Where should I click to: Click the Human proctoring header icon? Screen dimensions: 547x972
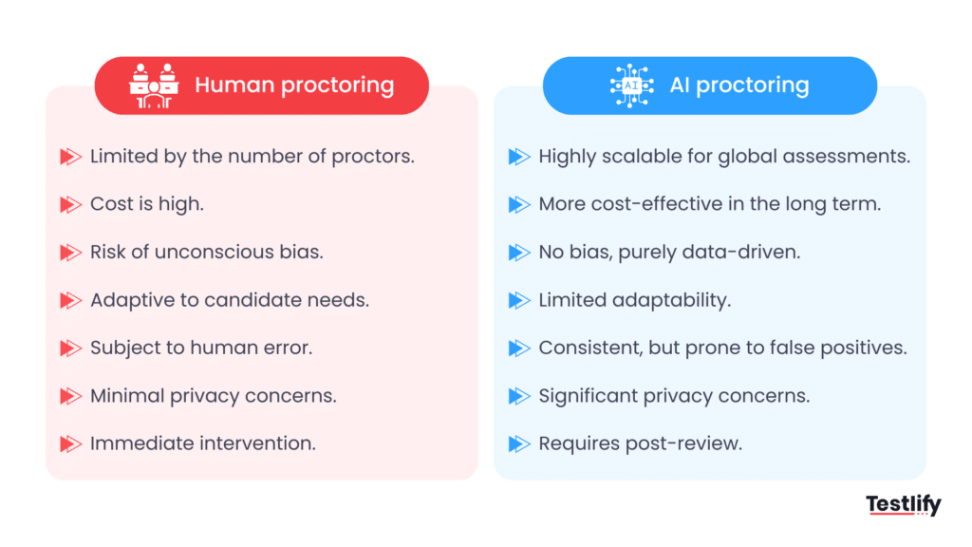click(x=154, y=85)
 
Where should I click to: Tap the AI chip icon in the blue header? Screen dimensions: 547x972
click(x=631, y=85)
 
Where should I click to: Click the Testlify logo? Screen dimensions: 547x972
click(x=903, y=505)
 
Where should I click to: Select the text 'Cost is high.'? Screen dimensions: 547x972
click(x=147, y=204)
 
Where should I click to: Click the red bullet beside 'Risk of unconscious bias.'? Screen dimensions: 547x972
click(x=71, y=253)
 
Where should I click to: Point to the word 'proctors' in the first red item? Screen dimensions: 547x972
click(x=372, y=157)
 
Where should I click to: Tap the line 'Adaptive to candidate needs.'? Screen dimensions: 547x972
click(x=230, y=300)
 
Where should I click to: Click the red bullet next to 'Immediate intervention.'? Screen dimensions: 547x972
click(x=71, y=443)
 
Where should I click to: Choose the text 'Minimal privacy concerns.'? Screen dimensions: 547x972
click(x=214, y=395)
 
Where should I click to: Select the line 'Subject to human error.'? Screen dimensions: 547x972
click(x=201, y=348)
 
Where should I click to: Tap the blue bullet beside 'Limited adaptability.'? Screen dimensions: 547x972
click(x=519, y=300)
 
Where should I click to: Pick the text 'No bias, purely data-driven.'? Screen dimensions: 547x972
click(x=669, y=253)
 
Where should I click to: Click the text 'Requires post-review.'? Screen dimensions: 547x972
click(x=640, y=443)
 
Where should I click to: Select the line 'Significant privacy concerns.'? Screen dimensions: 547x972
click(x=674, y=395)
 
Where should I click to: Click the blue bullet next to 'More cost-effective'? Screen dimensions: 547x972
click(x=519, y=204)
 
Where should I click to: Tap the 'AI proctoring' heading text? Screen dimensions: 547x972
click(x=739, y=85)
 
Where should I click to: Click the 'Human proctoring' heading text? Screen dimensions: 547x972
click(x=294, y=85)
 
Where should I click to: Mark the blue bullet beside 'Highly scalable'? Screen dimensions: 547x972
click(x=519, y=157)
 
